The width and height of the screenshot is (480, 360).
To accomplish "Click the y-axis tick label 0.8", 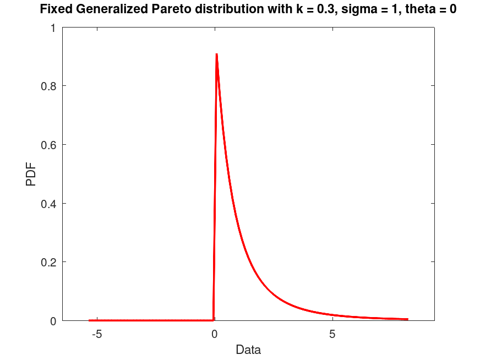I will click(48, 86).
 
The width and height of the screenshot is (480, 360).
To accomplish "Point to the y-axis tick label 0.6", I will click(48, 145).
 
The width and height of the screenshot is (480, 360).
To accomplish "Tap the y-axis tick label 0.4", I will click(48, 204).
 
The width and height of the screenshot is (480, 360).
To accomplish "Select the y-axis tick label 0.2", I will click(48, 262).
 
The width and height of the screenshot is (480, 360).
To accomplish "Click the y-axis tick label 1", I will click(53, 28).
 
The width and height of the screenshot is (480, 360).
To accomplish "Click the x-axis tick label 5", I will click(332, 334).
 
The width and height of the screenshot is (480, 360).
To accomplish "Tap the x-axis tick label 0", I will click(214, 334).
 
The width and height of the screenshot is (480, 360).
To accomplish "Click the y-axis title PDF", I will click(31, 174).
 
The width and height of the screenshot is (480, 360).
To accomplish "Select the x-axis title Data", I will click(248, 350).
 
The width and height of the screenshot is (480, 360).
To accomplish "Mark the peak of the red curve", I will click(216, 54).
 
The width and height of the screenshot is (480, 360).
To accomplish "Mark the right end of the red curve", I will click(407, 319).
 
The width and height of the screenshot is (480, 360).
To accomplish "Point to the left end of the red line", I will click(89, 320).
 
